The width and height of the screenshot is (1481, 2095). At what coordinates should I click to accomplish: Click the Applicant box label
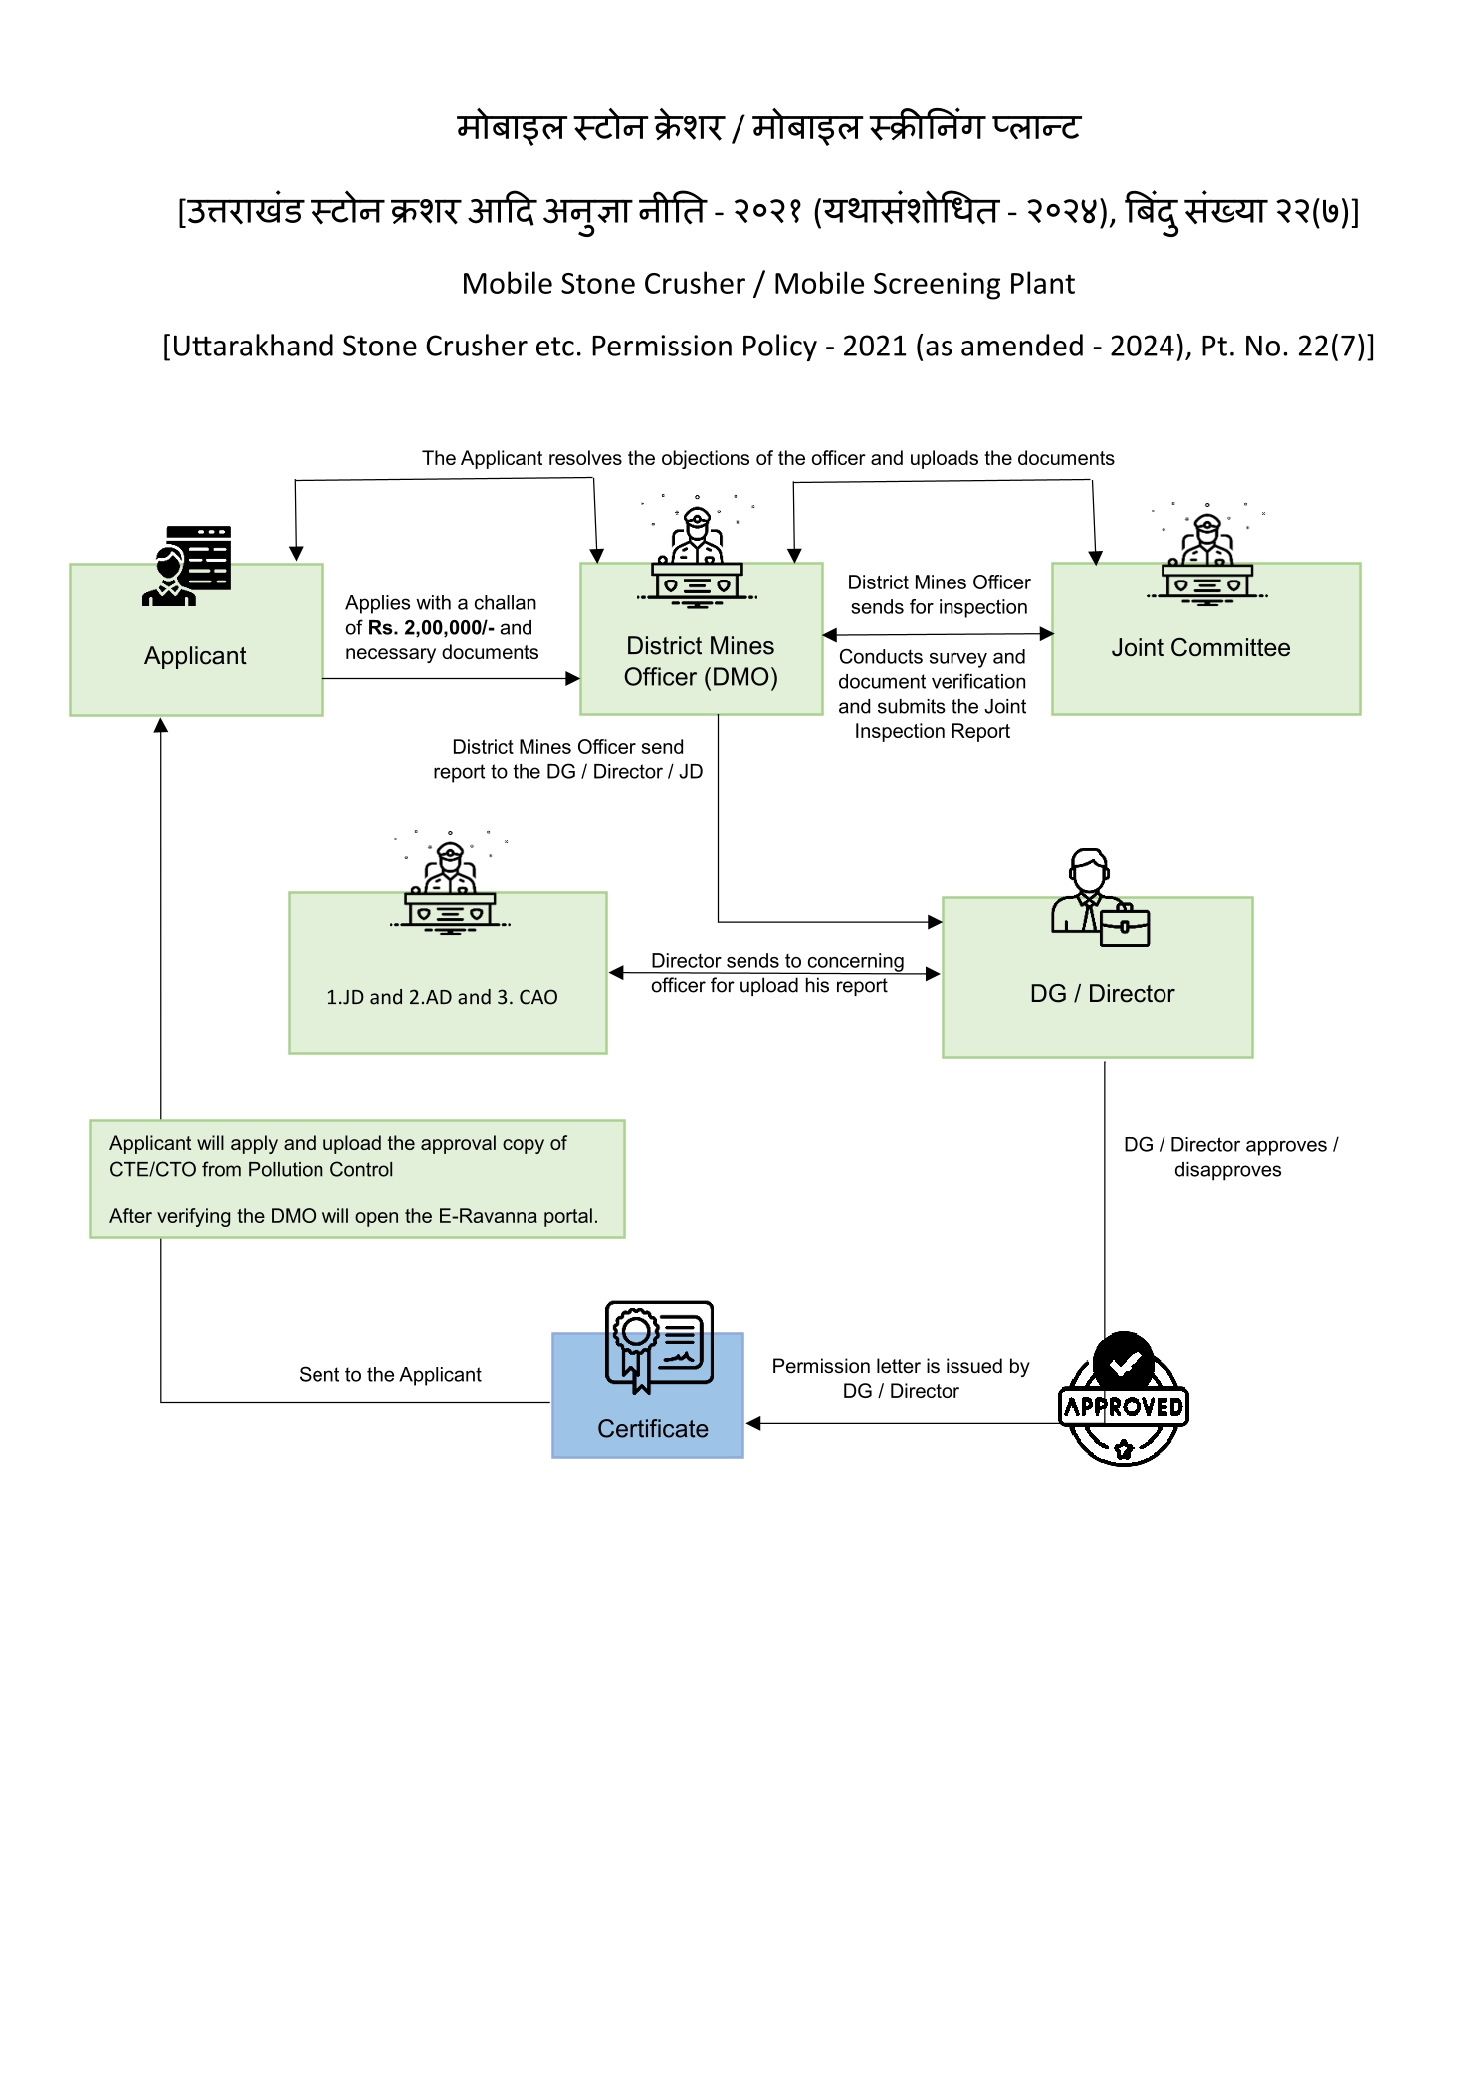(195, 656)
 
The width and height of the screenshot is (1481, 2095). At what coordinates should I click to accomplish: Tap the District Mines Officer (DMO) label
(701, 661)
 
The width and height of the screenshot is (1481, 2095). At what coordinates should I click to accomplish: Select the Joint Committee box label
(1200, 648)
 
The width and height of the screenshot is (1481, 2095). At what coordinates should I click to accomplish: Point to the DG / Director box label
(1102, 993)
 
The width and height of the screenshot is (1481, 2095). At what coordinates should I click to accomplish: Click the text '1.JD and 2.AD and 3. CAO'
(442, 997)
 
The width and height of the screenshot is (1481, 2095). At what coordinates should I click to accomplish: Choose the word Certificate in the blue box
(653, 1429)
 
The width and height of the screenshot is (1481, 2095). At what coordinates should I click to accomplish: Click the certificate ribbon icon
(659, 1345)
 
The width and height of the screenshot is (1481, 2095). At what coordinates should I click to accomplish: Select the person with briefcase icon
(1100, 897)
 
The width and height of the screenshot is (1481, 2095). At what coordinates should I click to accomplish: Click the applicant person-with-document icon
(187, 566)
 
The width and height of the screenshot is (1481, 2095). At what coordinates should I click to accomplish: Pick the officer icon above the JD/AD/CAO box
(450, 884)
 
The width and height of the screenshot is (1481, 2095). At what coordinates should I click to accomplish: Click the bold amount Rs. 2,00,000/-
(431, 628)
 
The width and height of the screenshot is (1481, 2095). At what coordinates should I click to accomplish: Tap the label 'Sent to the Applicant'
(390, 1375)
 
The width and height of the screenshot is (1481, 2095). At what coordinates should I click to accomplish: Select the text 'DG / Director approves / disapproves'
(1230, 1157)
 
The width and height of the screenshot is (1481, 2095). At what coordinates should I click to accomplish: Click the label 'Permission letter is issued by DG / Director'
(901, 1379)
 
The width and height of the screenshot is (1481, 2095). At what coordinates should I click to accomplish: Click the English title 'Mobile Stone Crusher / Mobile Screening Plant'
(768, 284)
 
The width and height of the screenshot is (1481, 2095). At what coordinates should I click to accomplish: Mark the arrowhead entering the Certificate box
(753, 1423)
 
